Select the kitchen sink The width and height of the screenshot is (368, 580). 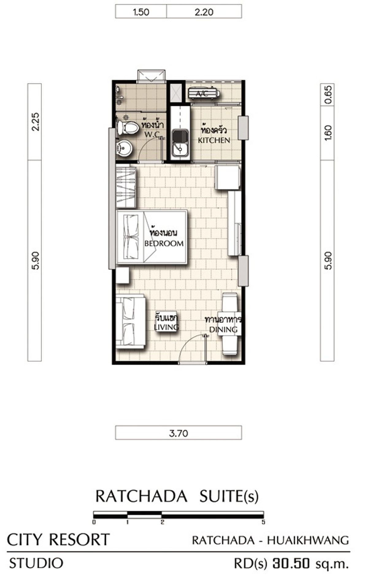click(180, 143)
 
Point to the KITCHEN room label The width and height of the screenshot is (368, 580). click(214, 140)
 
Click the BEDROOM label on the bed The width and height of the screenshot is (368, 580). click(164, 244)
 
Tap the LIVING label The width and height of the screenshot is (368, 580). click(166, 327)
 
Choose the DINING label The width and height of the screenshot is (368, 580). click(223, 329)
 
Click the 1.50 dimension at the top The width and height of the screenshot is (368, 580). click(141, 12)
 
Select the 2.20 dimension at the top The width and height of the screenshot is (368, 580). click(204, 12)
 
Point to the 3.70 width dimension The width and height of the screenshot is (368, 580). click(178, 433)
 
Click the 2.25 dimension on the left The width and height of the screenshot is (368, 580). click(35, 122)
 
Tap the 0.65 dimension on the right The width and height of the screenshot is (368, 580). click(328, 95)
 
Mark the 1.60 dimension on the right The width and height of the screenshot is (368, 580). click(328, 133)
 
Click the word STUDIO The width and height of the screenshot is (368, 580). click(36, 563)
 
